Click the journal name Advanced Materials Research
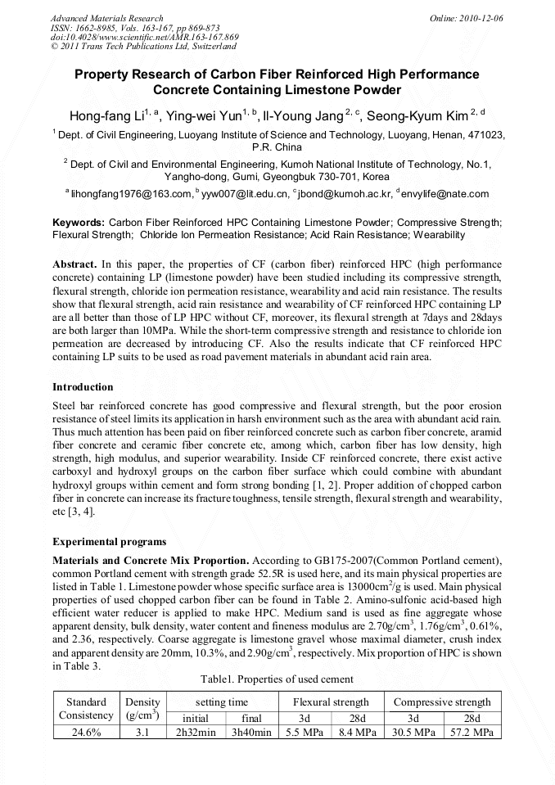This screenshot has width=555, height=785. coord(106,17)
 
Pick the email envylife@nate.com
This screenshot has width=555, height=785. coord(445,194)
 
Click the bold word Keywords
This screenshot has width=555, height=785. coord(78,222)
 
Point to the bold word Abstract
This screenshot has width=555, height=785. coord(75,264)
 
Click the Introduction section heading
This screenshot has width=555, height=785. coord(83,386)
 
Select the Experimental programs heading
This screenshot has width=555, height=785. coord(109,542)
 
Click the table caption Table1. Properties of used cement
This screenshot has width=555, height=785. coord(277,679)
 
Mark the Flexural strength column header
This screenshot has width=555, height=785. coord(331,702)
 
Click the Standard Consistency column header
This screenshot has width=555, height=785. coord(86,708)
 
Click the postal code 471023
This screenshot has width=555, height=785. coord(486,134)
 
